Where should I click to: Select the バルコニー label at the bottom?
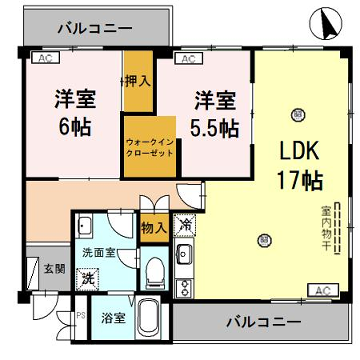pos(260,322)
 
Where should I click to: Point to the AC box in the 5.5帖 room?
pos(187,60)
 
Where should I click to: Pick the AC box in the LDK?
pos(321,290)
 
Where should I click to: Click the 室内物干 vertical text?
pos(327,233)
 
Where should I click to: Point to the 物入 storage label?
pos(153,228)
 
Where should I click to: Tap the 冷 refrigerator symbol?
pos(185,226)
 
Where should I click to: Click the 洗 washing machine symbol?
pos(88,277)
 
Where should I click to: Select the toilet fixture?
pos(153,272)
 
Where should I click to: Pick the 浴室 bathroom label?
pos(112,319)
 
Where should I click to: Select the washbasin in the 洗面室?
pos(84,227)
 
